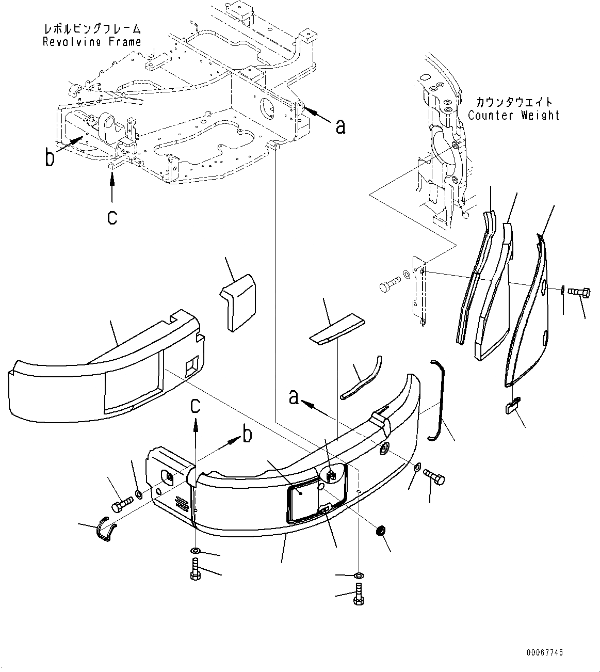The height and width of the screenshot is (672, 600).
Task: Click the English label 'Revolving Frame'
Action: tap(92, 42)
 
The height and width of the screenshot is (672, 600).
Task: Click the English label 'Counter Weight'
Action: tap(514, 115)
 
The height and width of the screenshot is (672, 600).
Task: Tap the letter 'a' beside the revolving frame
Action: tap(340, 125)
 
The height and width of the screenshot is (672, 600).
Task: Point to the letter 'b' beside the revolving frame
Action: tap(50, 157)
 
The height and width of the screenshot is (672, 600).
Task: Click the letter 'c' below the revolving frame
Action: tap(112, 217)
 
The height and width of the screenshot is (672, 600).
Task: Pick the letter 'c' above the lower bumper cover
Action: tap(195, 406)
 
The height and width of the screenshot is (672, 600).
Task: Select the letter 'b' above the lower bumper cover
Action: tap(248, 435)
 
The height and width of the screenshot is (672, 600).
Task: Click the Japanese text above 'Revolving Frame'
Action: tap(92, 29)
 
